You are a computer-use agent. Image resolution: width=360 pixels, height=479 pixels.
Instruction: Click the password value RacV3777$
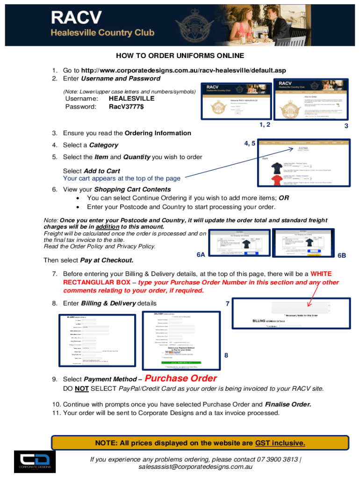click(126, 107)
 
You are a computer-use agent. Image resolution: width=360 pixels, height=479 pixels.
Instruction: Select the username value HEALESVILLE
click(131, 99)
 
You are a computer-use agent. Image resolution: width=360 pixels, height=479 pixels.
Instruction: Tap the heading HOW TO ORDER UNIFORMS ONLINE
click(180, 56)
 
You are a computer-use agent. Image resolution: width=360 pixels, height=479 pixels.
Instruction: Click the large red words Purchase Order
click(181, 378)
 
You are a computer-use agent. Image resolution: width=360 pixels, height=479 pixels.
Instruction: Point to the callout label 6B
click(342, 255)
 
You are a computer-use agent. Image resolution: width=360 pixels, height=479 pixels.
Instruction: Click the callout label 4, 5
click(249, 144)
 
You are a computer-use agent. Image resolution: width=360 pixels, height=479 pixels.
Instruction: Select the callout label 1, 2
click(264, 124)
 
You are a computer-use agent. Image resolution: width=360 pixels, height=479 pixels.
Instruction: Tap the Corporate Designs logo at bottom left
click(35, 461)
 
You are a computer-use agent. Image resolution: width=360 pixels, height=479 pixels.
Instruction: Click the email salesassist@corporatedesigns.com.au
click(195, 466)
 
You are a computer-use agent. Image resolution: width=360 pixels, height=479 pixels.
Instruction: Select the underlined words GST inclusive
click(280, 443)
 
